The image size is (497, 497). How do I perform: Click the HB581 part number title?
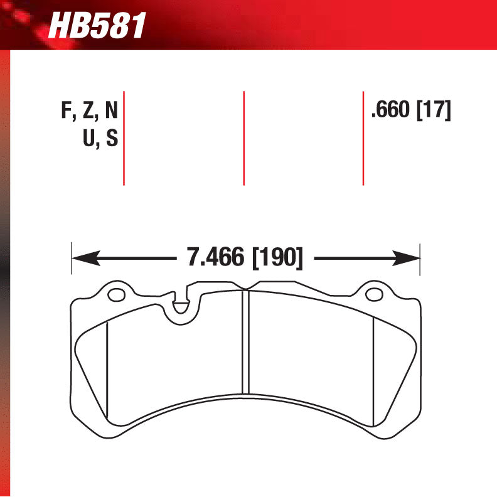pos(97,26)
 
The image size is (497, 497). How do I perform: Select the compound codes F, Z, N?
pos(89,111)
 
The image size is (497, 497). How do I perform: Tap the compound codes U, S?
pos(100,138)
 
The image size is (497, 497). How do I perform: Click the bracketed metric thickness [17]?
pos(434,111)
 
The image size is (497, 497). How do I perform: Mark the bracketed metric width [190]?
pos(277,257)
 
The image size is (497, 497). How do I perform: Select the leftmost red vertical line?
pos(124,138)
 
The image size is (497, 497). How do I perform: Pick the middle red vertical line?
pos(243,138)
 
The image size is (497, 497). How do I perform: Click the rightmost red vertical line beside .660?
pos(363,138)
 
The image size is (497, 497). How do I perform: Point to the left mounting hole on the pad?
pos(115,294)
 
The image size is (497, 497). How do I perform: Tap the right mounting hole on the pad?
pos(375,294)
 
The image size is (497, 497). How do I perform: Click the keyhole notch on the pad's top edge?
pos(180,306)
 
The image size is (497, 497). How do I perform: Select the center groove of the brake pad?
pos(245,342)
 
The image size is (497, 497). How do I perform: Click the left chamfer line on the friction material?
pos(107,370)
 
